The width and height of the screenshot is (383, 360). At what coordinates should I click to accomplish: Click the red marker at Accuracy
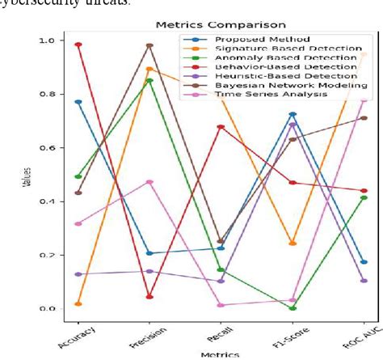tap(55, 45)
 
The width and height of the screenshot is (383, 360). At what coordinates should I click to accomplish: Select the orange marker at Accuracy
tap(55, 304)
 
